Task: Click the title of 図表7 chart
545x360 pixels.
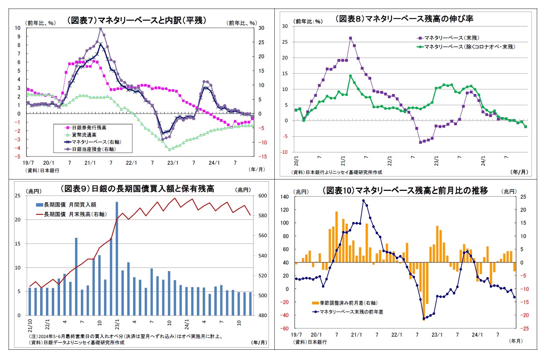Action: [137, 20]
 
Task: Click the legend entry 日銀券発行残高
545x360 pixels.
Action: [89, 128]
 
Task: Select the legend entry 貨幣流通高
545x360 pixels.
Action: [84, 135]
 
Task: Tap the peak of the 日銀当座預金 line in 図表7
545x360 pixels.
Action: [100, 29]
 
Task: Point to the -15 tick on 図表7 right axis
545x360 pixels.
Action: [262, 156]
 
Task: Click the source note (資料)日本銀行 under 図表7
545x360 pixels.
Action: [42, 171]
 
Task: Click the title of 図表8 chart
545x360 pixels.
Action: [404, 19]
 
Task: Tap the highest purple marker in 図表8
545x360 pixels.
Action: [351, 38]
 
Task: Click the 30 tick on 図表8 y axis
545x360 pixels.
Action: [285, 26]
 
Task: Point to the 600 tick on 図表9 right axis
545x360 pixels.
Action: [262, 196]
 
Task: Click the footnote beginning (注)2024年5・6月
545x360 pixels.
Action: [126, 336]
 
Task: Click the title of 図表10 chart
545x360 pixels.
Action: [405, 190]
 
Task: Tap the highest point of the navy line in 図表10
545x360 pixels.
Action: [364, 201]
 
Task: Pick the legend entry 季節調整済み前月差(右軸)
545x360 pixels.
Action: [348, 303]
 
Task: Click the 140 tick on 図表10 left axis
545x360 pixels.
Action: [285, 197]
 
